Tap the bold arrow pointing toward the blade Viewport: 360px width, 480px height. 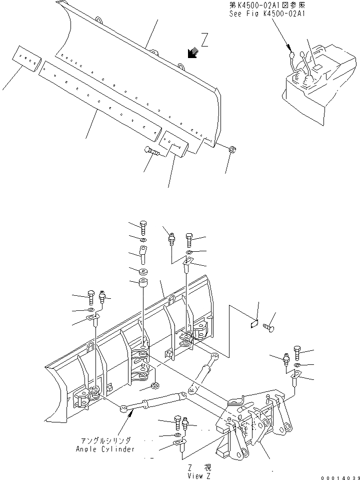click(190, 53)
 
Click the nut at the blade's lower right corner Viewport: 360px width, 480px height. click(233, 150)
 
